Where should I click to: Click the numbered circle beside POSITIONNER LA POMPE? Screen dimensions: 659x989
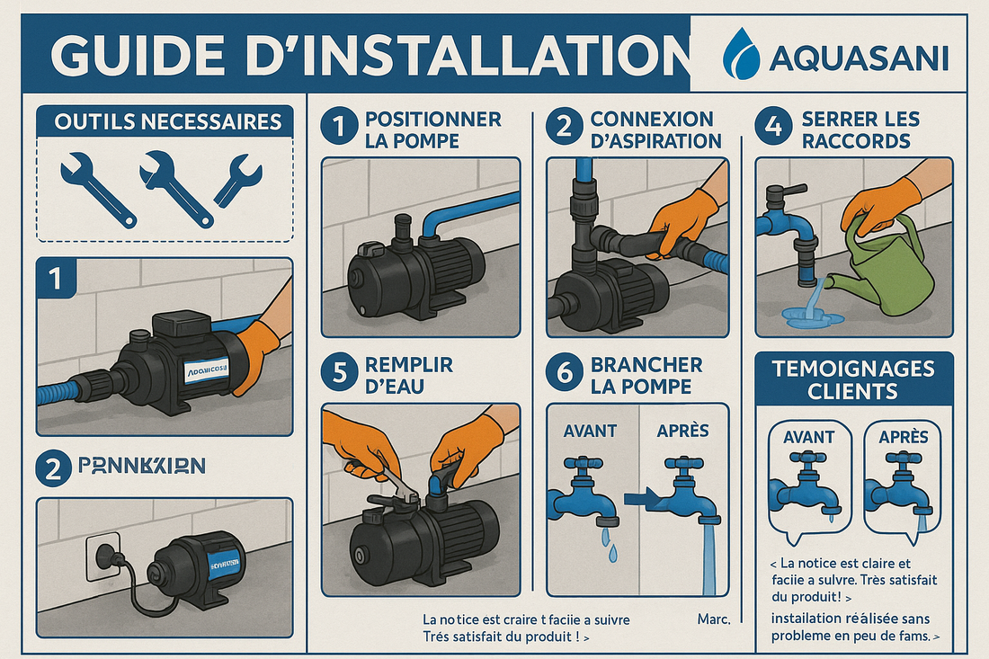[337, 129]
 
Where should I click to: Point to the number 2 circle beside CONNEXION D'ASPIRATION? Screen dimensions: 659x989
[564, 129]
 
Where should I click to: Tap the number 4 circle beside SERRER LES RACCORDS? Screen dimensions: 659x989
[772, 129]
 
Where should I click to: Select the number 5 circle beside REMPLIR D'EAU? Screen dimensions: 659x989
[337, 375]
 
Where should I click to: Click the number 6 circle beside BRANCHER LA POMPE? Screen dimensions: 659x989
[564, 375]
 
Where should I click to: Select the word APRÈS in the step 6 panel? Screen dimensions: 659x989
[682, 431]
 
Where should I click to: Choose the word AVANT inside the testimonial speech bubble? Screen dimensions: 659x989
[808, 437]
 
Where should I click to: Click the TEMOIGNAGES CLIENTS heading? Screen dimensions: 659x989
[853, 379]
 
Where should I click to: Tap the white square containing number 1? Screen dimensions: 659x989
[57, 280]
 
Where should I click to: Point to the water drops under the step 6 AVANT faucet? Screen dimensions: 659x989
[610, 545]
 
